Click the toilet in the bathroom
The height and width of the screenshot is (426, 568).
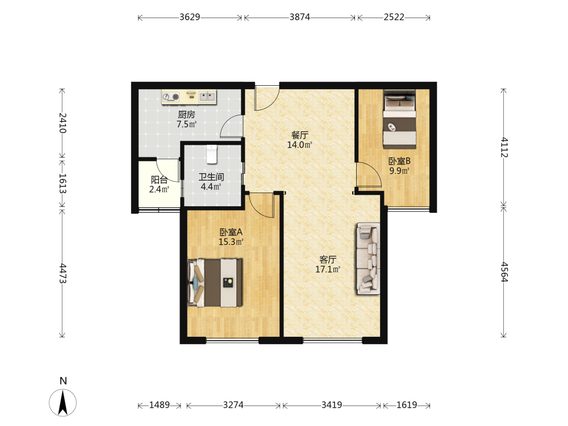tap(211, 154)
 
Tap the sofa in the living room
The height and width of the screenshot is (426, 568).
tap(369, 258)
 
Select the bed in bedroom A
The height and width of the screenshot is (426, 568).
tap(215, 282)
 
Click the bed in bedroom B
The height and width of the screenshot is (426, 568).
tap(399, 119)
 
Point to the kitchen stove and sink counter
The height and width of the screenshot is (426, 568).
tap(189, 97)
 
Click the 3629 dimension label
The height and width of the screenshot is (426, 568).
tap(190, 17)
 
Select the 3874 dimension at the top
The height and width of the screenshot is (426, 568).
tap(299, 17)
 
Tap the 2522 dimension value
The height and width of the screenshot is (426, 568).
tap(394, 17)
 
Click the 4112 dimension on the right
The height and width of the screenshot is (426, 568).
tap(504, 148)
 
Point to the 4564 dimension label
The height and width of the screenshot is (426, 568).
tap(504, 272)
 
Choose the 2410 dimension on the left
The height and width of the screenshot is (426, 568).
tap(62, 123)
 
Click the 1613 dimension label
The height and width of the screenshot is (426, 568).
tap(62, 183)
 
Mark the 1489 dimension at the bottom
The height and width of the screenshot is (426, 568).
tap(160, 404)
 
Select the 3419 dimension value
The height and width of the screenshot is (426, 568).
tap(332, 404)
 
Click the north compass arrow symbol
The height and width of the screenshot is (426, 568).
tap(62, 403)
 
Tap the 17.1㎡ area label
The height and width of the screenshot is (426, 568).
tap(328, 269)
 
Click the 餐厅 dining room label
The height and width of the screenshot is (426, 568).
tap(299, 135)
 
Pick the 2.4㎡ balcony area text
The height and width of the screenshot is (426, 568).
tap(159, 189)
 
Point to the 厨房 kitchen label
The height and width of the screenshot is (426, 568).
tap(186, 115)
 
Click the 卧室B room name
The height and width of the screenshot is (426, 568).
tap(399, 161)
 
